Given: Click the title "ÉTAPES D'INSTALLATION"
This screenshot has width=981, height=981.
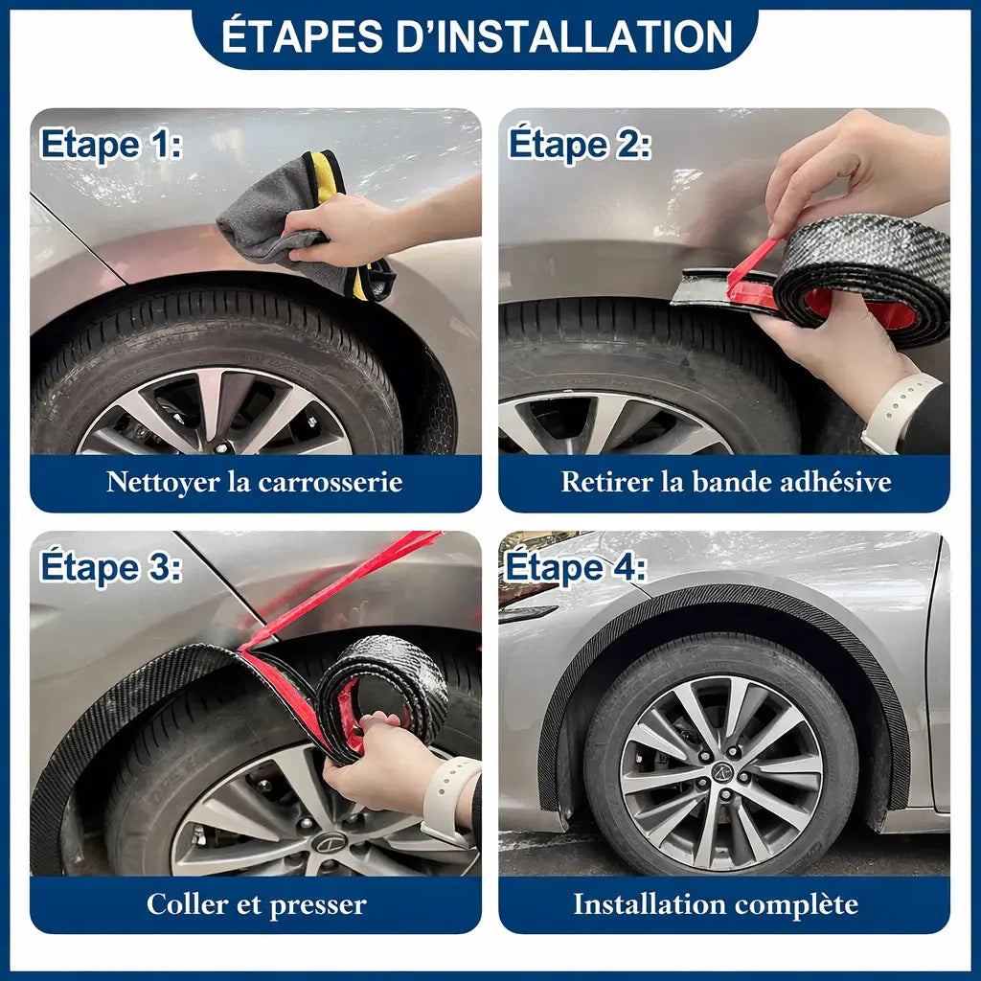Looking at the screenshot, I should pyautogui.click(x=476, y=35).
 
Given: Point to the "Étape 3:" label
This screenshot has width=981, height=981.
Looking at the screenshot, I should pyautogui.click(x=110, y=567).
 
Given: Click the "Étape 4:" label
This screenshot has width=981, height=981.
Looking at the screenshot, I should pyautogui.click(x=576, y=567).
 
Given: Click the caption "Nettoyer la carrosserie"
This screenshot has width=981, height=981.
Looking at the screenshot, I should pyautogui.click(x=254, y=481).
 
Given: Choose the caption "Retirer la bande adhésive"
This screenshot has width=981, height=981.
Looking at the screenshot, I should pyautogui.click(x=725, y=481).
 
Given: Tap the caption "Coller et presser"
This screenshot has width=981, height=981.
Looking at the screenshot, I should pyautogui.click(x=256, y=903).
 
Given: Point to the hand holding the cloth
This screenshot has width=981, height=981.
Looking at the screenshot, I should pyautogui.click(x=335, y=230).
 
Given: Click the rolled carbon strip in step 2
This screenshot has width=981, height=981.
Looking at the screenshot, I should pyautogui.click(x=862, y=278).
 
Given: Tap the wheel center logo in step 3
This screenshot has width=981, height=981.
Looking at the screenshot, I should pyautogui.click(x=330, y=844).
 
